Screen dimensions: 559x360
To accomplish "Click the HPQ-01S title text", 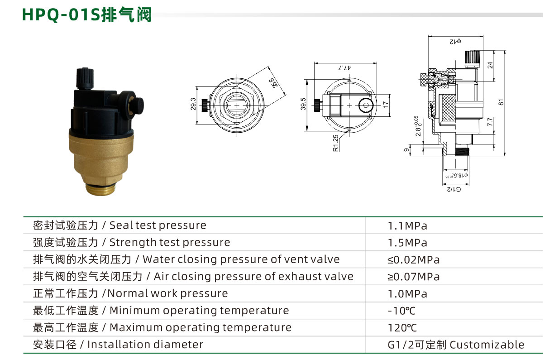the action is (87, 15).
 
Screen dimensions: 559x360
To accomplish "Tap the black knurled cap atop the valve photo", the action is (85, 78).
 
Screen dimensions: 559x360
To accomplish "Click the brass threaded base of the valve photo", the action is (101, 189).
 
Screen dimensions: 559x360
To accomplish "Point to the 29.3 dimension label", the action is (193, 104).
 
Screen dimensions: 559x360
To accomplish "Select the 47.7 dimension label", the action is (344, 67).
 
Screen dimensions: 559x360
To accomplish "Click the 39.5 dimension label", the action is (303, 104).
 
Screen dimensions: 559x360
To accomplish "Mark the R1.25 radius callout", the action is (336, 143).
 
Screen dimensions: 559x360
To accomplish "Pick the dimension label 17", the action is (386, 105).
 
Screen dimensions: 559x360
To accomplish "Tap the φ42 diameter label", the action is (455, 42).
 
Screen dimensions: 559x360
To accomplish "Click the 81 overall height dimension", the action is (501, 102).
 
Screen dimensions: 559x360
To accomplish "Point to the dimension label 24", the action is (490, 65).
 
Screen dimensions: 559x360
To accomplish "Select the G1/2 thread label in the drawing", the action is (454, 189).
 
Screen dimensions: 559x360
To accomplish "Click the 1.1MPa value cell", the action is (407, 226).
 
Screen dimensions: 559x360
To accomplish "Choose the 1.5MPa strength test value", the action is (407, 243).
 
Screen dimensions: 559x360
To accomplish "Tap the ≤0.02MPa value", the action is (413, 260).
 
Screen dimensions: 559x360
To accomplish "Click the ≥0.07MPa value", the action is (413, 277).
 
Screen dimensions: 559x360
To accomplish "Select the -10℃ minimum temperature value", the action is (401, 311).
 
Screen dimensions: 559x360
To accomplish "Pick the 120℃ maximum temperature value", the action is (402, 328).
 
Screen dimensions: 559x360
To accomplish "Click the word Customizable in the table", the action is (487, 345).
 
